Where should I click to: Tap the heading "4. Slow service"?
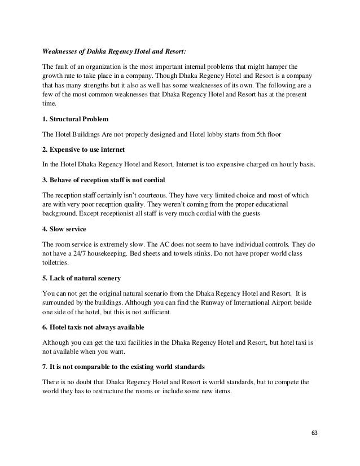63,230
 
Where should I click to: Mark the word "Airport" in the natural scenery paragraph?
284,302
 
